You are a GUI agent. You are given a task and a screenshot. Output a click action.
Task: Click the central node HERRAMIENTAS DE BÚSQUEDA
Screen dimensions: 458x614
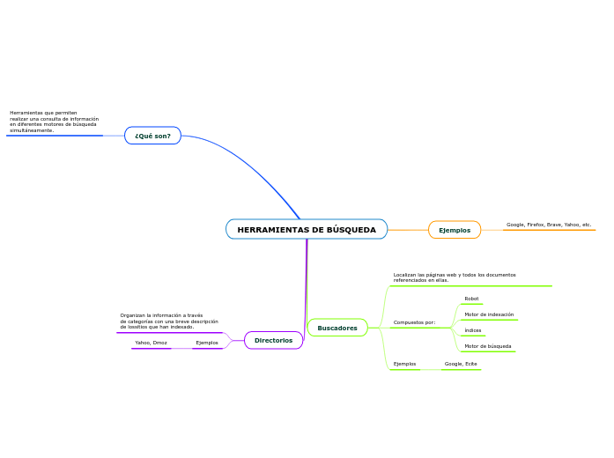pyautogui.click(x=307, y=230)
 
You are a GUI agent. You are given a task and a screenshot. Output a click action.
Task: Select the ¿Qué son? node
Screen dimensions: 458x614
pyautogui.click(x=153, y=136)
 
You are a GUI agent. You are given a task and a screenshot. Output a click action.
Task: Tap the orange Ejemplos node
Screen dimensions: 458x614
pyautogui.click(x=455, y=230)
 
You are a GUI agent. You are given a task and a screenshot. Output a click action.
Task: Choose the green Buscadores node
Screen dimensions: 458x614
pyautogui.click(x=337, y=328)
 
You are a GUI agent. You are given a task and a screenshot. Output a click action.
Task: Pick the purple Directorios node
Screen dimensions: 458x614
pyautogui.click(x=273, y=340)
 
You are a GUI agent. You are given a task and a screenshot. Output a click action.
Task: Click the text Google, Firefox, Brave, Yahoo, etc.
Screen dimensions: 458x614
pyautogui.click(x=549, y=225)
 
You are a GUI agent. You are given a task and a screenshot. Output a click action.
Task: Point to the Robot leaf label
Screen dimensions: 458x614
pyautogui.click(x=471, y=299)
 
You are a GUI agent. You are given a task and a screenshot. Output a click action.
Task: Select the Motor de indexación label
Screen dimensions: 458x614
pyautogui.click(x=489, y=314)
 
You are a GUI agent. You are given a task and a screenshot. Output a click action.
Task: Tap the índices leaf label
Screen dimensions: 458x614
pyautogui.click(x=473, y=330)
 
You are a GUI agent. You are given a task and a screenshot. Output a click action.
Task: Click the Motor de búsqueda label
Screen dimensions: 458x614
pyautogui.click(x=487, y=346)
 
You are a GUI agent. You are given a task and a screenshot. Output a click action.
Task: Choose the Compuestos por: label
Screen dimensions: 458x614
pyautogui.click(x=414, y=322)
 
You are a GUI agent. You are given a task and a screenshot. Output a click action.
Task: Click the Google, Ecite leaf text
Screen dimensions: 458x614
pyautogui.click(x=461, y=364)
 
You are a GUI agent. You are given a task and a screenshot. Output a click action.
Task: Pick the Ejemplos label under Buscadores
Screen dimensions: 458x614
pyautogui.click(x=404, y=364)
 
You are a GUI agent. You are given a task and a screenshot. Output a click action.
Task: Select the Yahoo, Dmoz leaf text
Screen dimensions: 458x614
pyautogui.click(x=151, y=343)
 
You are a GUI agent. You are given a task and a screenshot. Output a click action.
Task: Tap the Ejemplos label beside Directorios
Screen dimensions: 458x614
pyautogui.click(x=207, y=343)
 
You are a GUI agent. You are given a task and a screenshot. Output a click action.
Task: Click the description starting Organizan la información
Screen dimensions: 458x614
pyautogui.click(x=169, y=321)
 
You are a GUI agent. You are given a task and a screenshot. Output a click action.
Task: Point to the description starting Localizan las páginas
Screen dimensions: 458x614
pyautogui.click(x=455, y=277)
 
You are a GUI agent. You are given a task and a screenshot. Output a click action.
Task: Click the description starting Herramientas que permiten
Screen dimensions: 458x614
pyautogui.click(x=54, y=122)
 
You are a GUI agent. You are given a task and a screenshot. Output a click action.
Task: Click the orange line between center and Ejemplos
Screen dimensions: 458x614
pyautogui.click(x=408, y=230)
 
